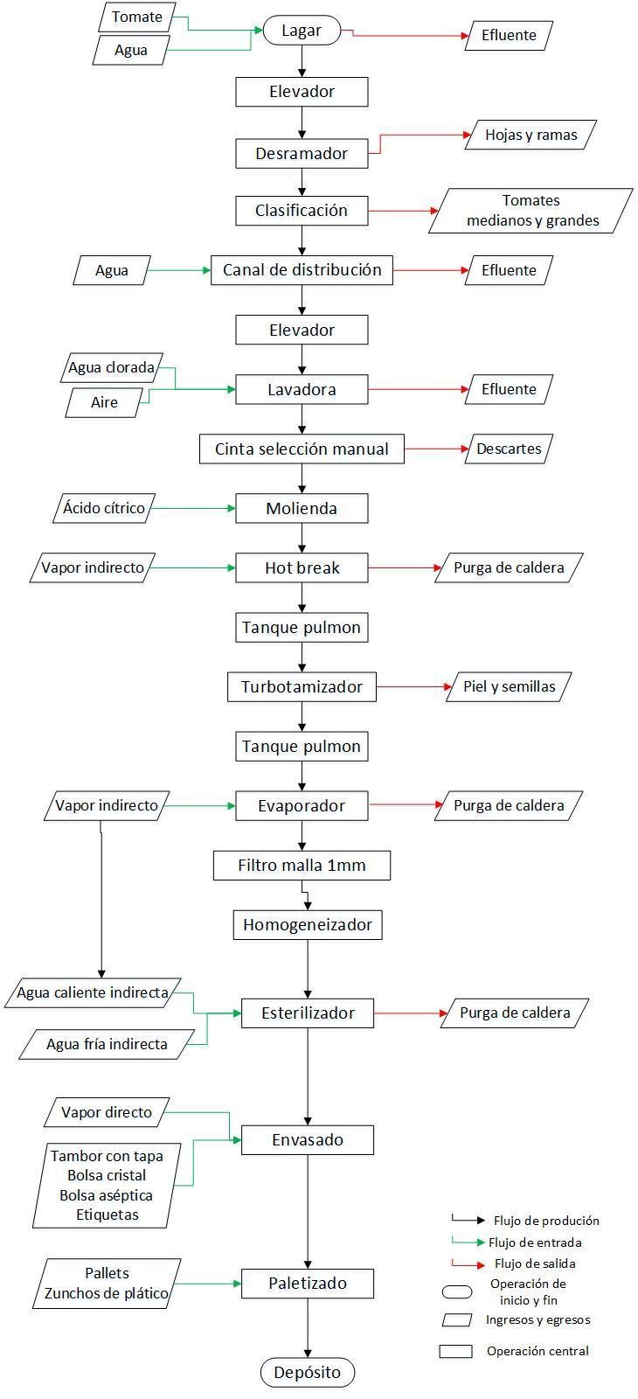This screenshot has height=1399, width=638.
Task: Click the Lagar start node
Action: click(302, 30)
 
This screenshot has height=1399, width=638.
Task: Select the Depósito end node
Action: click(307, 1372)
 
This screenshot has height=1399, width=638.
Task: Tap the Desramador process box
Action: click(302, 154)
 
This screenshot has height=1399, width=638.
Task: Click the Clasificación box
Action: click(302, 211)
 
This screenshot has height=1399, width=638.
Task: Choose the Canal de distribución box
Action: click(302, 270)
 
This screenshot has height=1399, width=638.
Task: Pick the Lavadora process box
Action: click(302, 389)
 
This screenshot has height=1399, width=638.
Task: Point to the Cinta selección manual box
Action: click(302, 449)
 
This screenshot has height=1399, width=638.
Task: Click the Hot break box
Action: click(302, 567)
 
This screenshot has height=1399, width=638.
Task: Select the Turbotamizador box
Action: click(302, 686)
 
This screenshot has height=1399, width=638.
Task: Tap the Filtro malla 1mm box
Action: click(302, 865)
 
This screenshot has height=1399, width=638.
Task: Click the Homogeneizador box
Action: click(308, 924)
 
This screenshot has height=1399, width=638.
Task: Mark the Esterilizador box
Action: click(308, 1013)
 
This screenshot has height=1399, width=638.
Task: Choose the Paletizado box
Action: click(308, 1284)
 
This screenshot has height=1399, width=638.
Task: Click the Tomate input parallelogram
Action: click(136, 17)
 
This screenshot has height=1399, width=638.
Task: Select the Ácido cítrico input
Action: click(104, 508)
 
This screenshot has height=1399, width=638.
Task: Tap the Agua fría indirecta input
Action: click(107, 1044)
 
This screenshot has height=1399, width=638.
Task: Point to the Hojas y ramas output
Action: click(531, 135)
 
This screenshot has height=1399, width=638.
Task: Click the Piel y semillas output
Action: click(509, 686)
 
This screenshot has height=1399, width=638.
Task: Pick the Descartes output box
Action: click(509, 449)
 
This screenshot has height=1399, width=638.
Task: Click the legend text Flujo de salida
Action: click(535, 1263)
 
